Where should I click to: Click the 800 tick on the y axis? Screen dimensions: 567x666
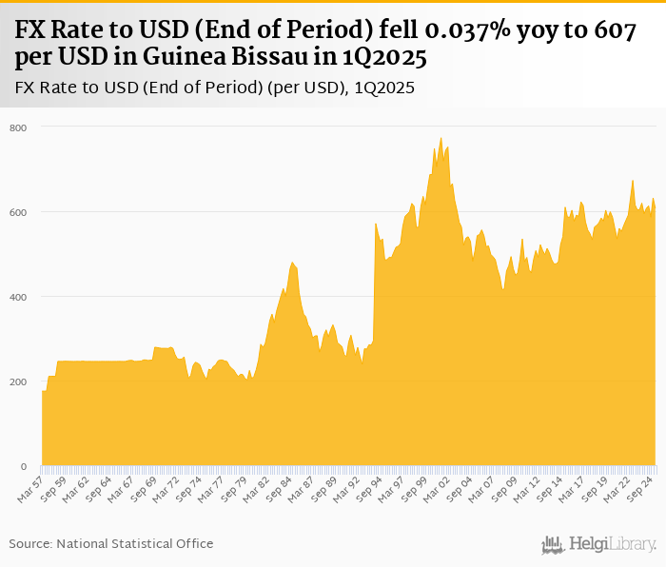pos(19,127)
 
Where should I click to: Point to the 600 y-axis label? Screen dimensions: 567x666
pos(19,212)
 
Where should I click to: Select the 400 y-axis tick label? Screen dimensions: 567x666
pos(19,297)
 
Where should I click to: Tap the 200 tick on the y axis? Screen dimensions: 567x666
pos(19,381)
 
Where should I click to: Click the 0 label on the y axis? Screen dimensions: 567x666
pos(24,466)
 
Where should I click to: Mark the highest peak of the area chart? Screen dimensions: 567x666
pos(441,138)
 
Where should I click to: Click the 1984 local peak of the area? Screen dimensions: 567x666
pos(293,262)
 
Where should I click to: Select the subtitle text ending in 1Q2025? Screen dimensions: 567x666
pos(214,88)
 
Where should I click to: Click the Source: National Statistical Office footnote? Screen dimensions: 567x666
pos(111,543)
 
